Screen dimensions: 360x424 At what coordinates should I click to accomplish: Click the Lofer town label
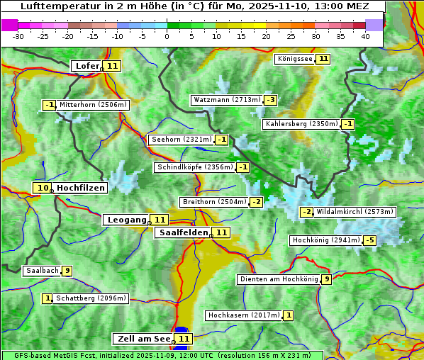point(87,66)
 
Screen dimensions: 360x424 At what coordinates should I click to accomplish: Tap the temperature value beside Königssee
point(323,59)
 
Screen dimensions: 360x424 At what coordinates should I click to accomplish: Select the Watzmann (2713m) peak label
point(226,100)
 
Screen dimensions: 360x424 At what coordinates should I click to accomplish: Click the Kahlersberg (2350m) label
point(301,124)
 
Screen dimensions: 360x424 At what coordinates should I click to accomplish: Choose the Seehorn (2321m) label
point(182,140)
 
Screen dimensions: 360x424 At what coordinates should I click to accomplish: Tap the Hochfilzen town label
point(80,188)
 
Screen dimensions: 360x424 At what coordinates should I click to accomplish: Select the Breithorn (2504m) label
point(213,202)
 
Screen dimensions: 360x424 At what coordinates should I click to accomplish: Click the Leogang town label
point(126,220)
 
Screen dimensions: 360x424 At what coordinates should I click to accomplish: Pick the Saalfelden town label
point(183,232)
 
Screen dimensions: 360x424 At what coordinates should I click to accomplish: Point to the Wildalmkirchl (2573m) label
point(355,212)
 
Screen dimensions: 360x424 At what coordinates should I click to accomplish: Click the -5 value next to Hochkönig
point(370,240)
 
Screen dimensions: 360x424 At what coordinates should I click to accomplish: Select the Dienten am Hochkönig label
point(278,279)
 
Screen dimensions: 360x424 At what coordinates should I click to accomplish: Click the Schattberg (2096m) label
point(91,298)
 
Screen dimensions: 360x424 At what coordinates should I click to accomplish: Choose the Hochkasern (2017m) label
point(243,315)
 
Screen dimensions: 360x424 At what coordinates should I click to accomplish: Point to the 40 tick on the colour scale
point(365,36)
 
